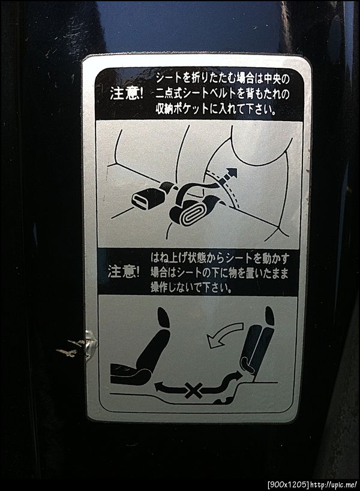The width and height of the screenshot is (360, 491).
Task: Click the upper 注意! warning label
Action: coord(127,94)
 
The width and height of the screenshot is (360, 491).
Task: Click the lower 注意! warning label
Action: coord(124,272)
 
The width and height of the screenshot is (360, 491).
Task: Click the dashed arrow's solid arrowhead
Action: coord(231,173)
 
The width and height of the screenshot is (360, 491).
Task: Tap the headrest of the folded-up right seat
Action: coord(270,317)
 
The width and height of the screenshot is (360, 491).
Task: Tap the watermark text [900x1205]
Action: coord(287,484)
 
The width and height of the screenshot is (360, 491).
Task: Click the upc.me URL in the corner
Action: coord(333,484)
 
